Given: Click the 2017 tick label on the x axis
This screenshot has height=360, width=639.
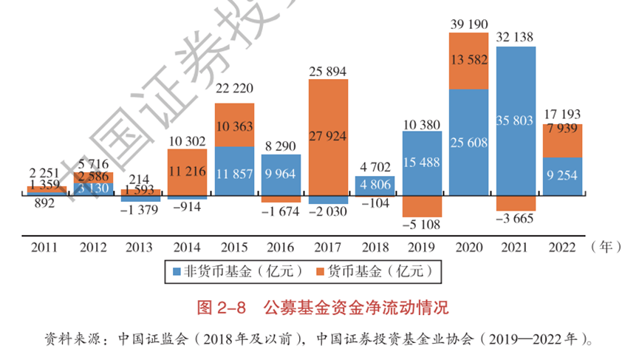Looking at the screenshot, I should pos(328,247).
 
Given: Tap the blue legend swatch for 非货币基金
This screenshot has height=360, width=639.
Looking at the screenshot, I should pos(177,272).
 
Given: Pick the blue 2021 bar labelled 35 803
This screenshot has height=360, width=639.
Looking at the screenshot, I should pos(516,122).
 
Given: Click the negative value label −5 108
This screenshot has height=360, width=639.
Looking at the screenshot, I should pos(422,222).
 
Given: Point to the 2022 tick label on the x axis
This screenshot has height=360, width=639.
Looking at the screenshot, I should pos(561,247).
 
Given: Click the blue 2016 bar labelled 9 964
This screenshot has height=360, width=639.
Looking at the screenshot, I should pos(281,175).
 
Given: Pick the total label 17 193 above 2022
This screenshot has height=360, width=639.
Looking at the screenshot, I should pos(561,115).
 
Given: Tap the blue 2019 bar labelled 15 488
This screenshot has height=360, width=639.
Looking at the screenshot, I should pos(422,163).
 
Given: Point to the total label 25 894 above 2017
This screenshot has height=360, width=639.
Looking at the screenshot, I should pos(328,71).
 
